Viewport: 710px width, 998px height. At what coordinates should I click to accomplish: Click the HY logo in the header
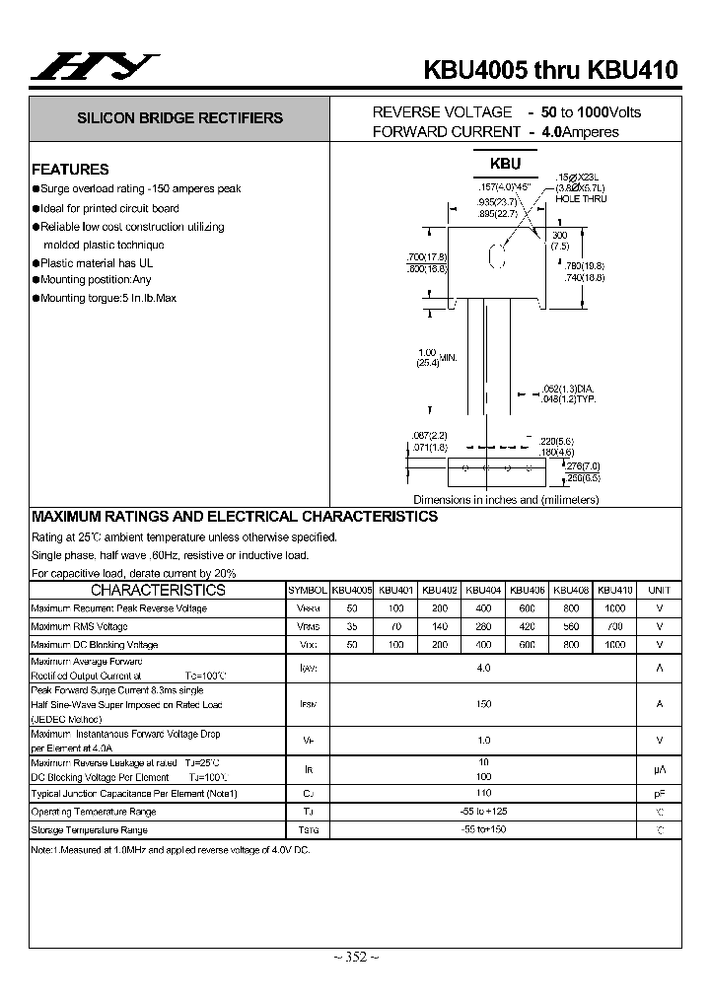click(94, 66)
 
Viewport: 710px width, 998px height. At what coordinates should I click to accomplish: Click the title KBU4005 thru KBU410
click(551, 70)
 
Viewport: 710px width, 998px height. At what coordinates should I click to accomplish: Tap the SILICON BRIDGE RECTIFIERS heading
click(180, 118)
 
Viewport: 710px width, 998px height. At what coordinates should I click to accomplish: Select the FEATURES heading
click(70, 169)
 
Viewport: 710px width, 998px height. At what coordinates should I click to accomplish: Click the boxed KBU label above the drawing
click(505, 164)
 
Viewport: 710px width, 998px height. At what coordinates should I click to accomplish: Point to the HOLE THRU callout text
click(581, 199)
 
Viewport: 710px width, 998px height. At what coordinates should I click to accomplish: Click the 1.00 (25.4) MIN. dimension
click(435, 358)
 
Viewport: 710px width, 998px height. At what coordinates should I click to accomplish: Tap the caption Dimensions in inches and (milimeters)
click(505, 500)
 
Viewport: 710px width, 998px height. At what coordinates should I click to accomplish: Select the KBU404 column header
click(483, 590)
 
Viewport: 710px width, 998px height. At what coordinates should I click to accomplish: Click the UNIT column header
click(659, 590)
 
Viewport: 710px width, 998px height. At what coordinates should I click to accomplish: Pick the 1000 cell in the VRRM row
click(614, 608)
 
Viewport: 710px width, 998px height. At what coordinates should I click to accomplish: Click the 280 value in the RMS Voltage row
click(483, 626)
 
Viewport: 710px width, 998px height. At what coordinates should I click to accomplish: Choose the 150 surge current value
click(483, 704)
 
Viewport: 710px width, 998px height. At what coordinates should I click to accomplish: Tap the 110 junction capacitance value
click(483, 793)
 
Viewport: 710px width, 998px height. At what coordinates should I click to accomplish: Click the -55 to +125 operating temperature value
click(483, 812)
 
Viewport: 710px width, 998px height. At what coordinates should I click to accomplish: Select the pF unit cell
click(659, 793)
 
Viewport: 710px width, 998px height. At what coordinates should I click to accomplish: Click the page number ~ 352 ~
click(355, 957)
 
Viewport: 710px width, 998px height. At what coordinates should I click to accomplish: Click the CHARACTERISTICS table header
click(158, 590)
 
